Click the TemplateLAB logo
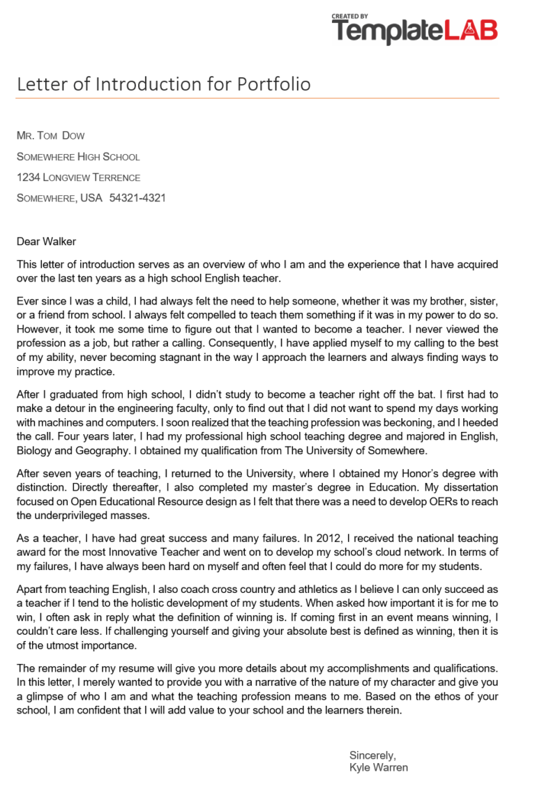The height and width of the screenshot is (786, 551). [x=414, y=30]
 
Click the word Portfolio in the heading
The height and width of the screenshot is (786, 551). [x=273, y=84]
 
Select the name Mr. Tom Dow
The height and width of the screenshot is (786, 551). [x=50, y=136]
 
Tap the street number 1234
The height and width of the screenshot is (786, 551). [x=28, y=178]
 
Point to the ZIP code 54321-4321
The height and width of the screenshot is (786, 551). [x=137, y=199]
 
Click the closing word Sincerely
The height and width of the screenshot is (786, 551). [x=373, y=755]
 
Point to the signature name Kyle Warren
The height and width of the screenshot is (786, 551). [x=379, y=768]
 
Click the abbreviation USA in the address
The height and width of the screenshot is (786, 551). [x=91, y=199]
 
